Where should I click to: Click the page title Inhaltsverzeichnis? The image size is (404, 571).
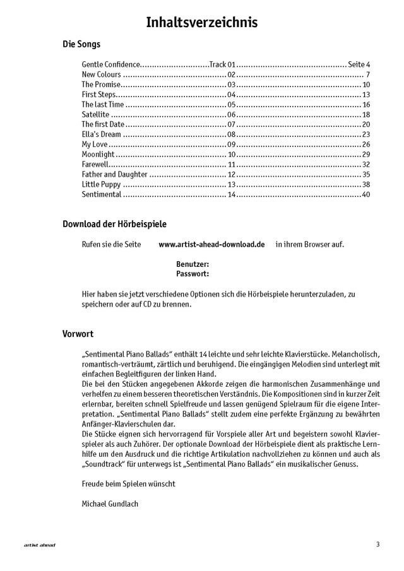click(x=202, y=23)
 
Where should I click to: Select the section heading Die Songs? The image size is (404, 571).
click(x=81, y=45)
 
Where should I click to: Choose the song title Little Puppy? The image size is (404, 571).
click(x=101, y=185)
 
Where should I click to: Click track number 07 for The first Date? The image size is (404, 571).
click(x=231, y=125)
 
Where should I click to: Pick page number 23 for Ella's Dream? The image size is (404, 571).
click(x=366, y=135)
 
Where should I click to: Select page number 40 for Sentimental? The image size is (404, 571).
click(x=366, y=195)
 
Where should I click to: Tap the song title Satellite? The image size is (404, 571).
click(x=95, y=115)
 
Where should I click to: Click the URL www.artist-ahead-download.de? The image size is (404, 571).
click(x=211, y=244)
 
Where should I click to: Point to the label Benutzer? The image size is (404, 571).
click(x=193, y=264)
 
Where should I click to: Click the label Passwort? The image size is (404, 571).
click(x=193, y=274)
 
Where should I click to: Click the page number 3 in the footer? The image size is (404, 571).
click(x=377, y=544)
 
